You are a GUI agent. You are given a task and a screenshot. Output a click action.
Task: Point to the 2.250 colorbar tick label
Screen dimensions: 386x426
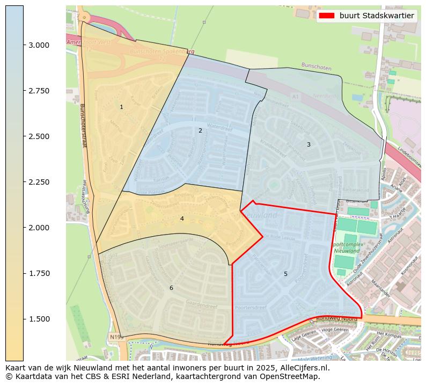tap(40, 182)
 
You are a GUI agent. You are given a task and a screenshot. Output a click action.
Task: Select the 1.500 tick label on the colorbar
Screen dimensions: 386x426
tap(40, 319)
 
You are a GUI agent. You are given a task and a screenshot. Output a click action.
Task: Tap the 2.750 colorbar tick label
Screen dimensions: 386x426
tap(40, 91)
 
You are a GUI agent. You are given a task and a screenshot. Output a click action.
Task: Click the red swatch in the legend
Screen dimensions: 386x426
tap(326, 16)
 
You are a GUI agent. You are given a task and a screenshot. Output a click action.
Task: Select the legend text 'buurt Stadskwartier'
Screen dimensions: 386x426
tap(377, 16)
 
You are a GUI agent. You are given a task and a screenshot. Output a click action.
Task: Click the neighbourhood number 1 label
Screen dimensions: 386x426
tap(121, 107)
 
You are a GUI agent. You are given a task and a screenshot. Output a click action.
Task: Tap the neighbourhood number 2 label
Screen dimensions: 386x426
tap(200, 130)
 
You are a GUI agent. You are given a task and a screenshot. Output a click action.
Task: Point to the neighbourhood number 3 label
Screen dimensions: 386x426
tap(309, 144)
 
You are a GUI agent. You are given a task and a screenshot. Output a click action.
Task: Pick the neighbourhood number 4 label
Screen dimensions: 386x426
tap(182, 219)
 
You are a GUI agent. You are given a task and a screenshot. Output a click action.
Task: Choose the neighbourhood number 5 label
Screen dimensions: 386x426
tap(285, 274)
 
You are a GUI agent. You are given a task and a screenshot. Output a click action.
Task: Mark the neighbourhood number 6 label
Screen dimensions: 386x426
tap(171, 288)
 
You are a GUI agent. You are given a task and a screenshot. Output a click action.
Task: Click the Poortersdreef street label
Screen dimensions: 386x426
tap(251, 308)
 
